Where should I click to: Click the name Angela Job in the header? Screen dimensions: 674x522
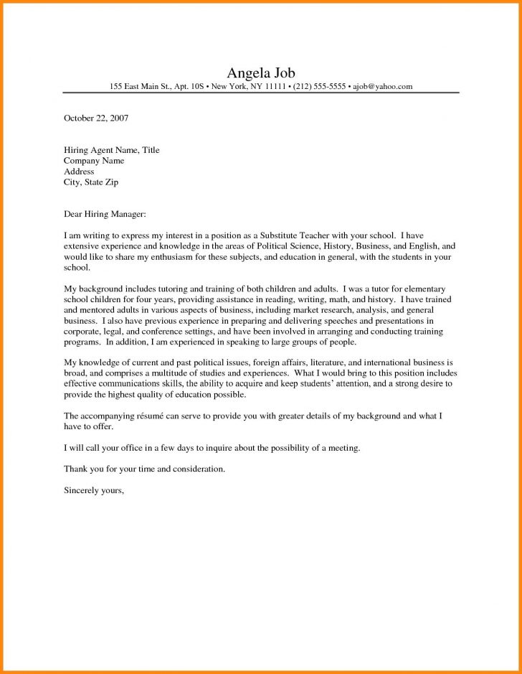click(x=260, y=72)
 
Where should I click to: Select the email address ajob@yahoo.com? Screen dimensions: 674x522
click(x=382, y=87)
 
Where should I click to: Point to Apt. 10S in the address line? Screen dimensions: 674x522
click(x=188, y=87)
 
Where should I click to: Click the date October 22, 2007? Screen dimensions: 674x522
click(x=96, y=118)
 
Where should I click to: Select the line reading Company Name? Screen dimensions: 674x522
click(x=94, y=161)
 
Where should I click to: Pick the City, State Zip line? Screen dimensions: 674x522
click(x=91, y=182)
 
